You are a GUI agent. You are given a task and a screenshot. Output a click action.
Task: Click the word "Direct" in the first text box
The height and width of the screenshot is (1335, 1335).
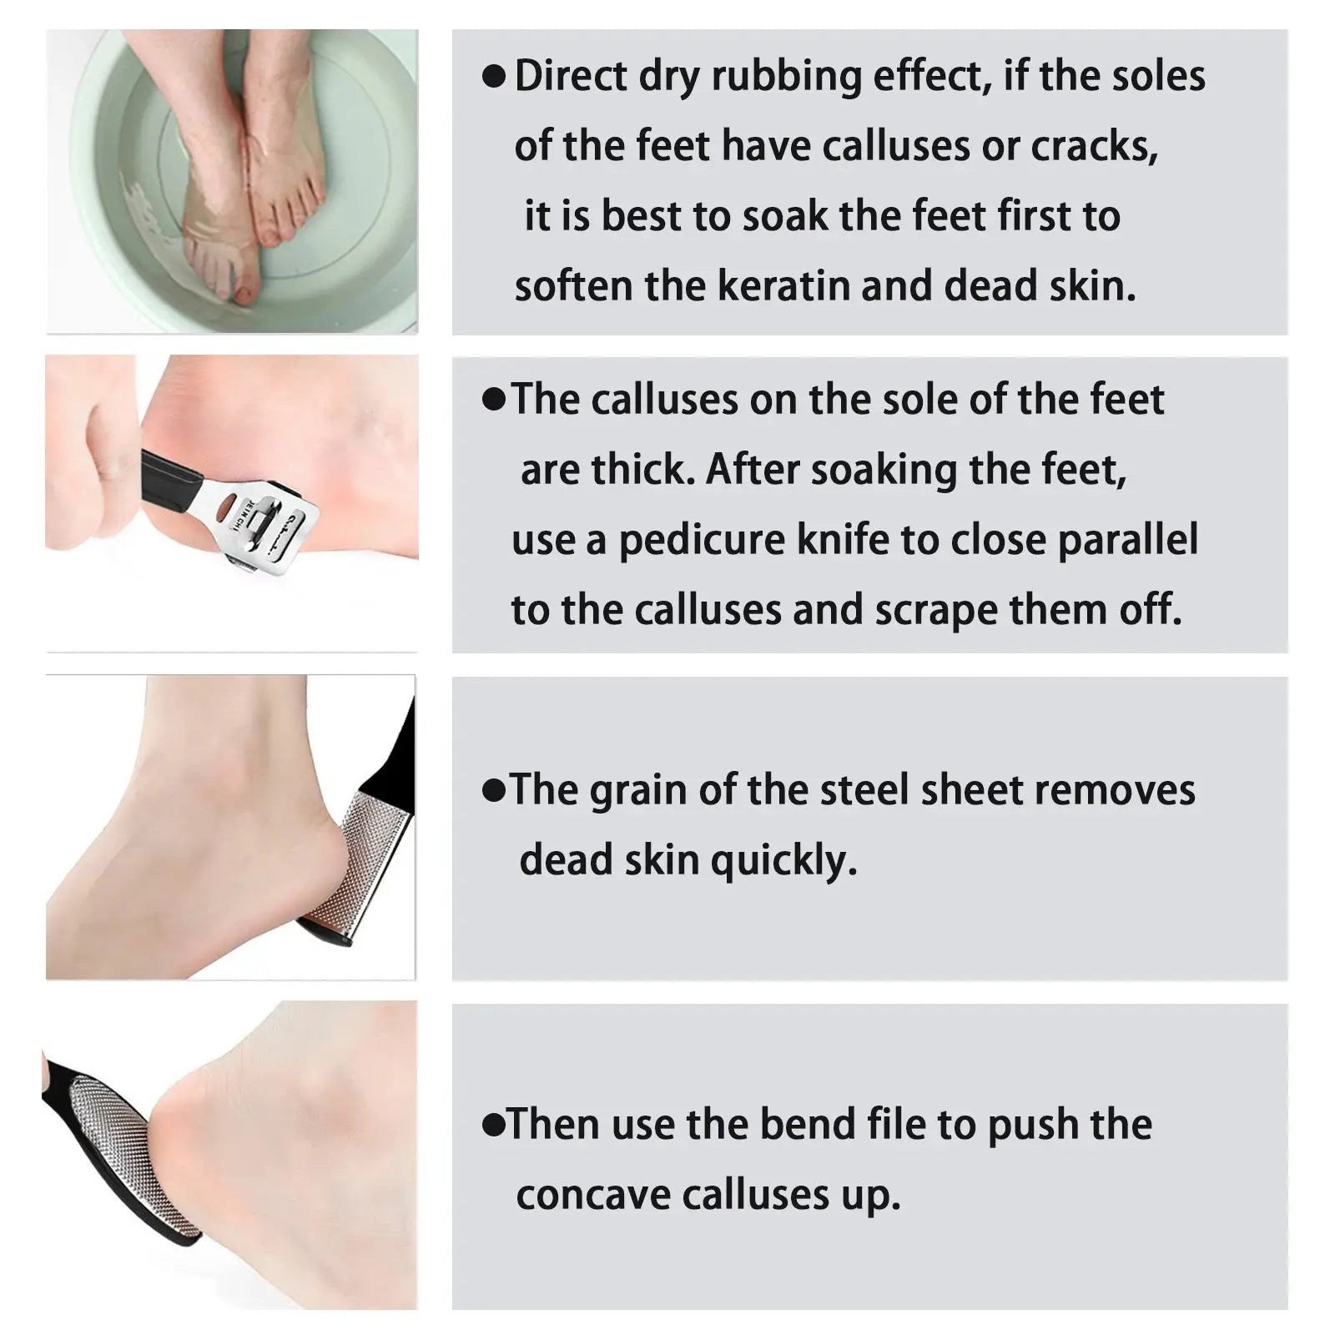(571, 76)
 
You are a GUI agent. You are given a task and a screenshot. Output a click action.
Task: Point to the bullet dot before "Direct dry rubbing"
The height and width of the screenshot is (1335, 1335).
(494, 77)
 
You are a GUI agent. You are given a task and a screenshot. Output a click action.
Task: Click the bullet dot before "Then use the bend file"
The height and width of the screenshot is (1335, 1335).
(494, 1126)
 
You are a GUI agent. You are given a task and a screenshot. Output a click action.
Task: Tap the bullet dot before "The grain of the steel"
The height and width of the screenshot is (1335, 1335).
(494, 791)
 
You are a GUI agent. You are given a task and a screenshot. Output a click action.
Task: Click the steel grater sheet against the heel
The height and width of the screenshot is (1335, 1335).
(359, 859)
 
